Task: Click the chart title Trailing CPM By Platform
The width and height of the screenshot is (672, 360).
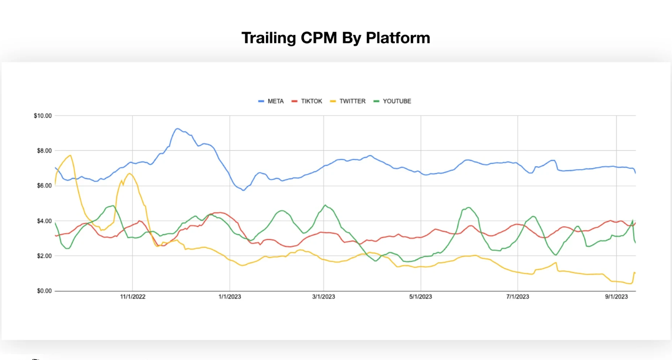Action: click(335, 38)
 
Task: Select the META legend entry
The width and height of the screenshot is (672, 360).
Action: click(275, 101)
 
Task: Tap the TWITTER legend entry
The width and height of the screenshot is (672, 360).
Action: click(352, 101)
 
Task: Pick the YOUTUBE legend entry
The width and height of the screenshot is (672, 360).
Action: click(397, 101)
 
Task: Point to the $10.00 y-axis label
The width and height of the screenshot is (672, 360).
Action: click(43, 115)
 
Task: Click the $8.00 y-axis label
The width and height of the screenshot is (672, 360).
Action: click(44, 150)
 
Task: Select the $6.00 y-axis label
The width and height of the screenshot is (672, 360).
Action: click(44, 186)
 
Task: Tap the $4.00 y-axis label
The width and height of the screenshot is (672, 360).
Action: click(44, 221)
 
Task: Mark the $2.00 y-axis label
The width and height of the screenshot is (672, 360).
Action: click(44, 256)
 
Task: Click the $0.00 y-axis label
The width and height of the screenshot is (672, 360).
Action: click(44, 291)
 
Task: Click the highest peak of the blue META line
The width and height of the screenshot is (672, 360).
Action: click(177, 129)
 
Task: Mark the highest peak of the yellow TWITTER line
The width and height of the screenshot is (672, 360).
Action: click(70, 155)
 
